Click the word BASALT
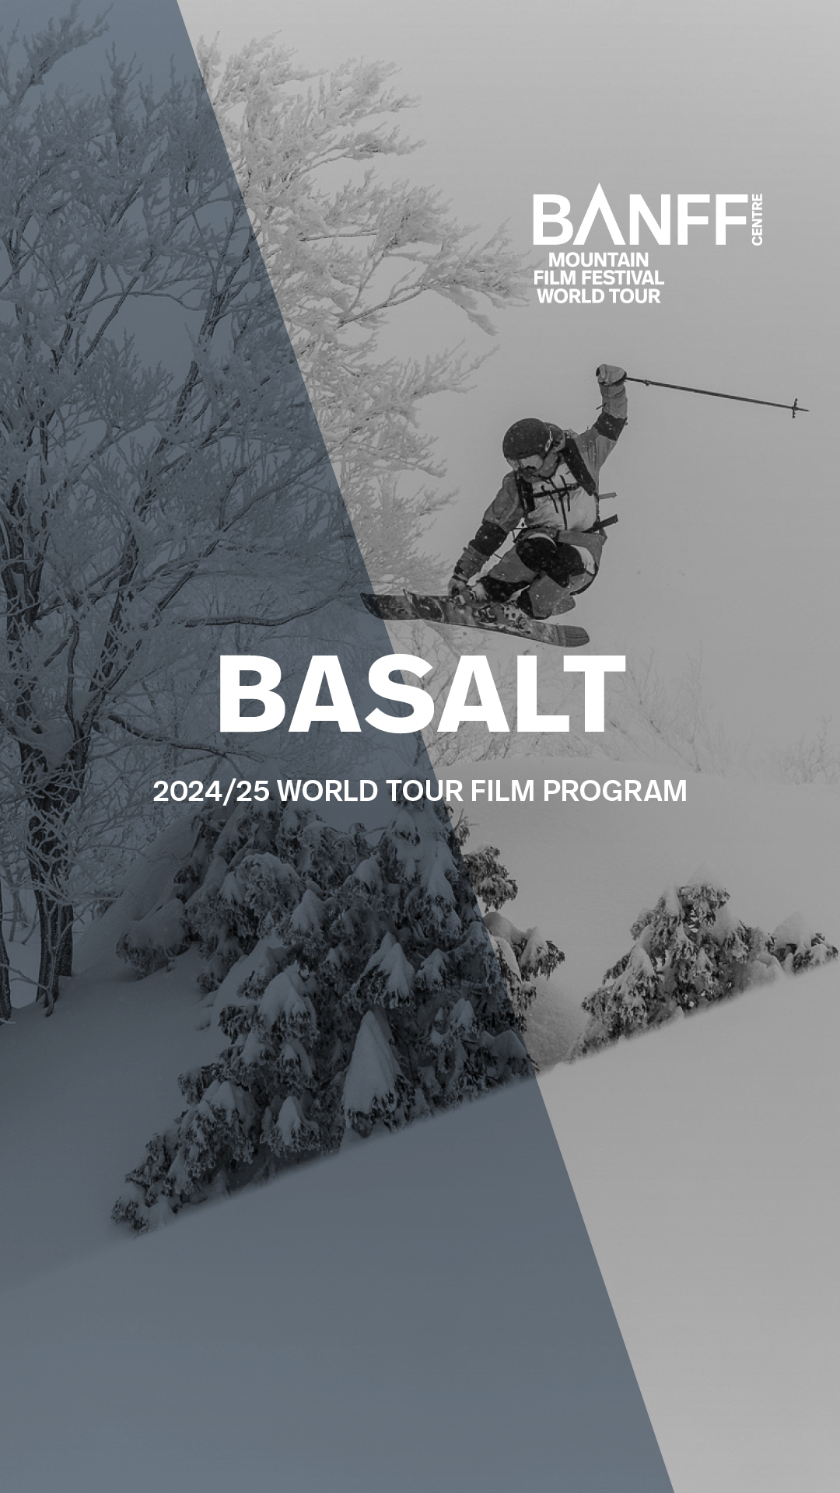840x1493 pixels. click(422, 694)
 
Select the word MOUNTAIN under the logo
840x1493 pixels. click(598, 260)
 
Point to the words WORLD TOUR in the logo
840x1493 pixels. click(598, 295)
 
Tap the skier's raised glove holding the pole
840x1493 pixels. click(611, 376)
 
